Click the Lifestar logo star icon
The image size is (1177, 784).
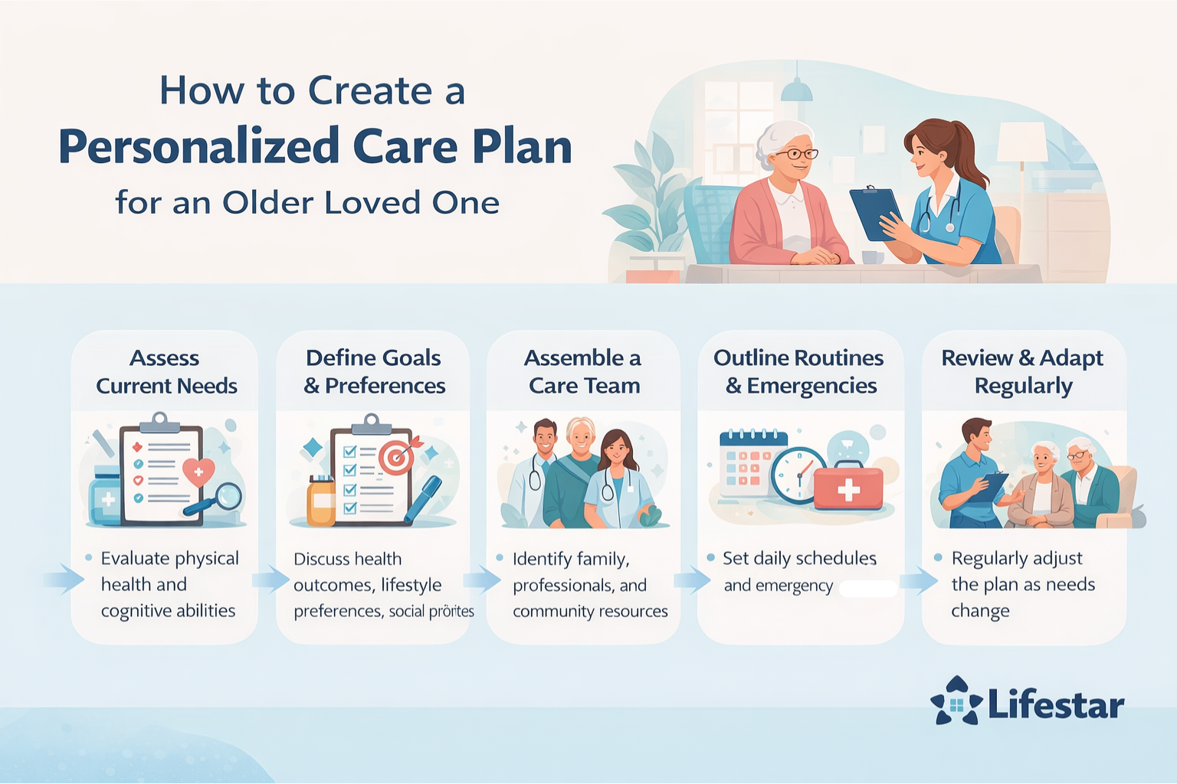[x=956, y=701]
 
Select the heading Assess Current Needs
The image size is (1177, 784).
[x=166, y=371]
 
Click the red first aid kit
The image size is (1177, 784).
[x=848, y=488]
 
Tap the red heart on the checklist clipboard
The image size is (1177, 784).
[x=198, y=472]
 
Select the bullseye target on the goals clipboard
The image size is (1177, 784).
[x=397, y=458]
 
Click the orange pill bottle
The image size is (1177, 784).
[x=322, y=501]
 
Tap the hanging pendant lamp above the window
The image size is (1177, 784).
[x=796, y=90]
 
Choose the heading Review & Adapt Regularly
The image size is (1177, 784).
[x=1022, y=371]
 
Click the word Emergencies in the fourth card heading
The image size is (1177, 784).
[x=811, y=386]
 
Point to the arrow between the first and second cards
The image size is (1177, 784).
[x=270, y=579]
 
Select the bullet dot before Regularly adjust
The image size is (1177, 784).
[x=938, y=557]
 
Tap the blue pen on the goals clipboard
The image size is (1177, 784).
[x=422, y=498]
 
